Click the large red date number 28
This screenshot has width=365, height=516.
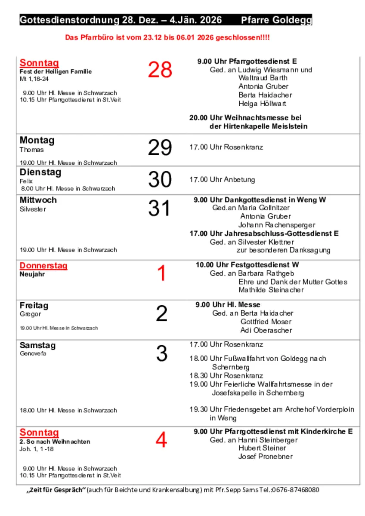click(x=160, y=70)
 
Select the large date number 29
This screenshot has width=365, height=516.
click(x=160, y=148)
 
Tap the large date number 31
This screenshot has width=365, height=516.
click(x=159, y=209)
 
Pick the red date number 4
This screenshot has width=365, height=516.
click(x=161, y=440)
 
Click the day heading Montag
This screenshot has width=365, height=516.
click(x=37, y=141)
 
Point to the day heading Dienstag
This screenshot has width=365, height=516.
click(x=40, y=172)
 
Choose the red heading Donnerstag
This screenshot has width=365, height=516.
click(x=43, y=266)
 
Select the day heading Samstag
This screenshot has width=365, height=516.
click(x=37, y=345)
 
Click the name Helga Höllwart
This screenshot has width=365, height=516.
click(x=262, y=104)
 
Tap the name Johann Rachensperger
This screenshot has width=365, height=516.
click(x=277, y=225)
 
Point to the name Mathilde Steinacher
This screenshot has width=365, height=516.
click(x=271, y=290)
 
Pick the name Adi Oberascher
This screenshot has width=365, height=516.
click(x=266, y=330)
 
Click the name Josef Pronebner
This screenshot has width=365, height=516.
click(x=266, y=457)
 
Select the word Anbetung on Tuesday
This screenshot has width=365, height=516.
click(x=239, y=180)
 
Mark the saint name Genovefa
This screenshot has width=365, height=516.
click(x=33, y=354)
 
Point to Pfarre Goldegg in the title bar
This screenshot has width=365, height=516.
click(x=276, y=20)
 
